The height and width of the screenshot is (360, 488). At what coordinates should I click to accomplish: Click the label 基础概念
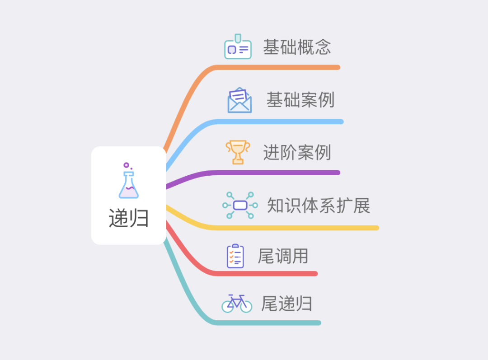297,47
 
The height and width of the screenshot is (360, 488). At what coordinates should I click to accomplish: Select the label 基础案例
300,100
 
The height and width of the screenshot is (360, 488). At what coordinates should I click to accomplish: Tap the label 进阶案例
297,153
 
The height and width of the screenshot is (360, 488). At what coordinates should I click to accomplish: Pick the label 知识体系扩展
319,206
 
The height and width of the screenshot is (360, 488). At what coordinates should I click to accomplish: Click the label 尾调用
283,256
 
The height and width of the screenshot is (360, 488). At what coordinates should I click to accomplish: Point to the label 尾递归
286,304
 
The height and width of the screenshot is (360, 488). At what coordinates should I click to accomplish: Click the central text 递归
129,219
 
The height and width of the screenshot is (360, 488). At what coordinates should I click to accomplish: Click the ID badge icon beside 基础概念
238,47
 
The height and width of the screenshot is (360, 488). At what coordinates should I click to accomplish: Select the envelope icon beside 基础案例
239,100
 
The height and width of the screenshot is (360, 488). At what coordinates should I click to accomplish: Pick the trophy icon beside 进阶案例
238,152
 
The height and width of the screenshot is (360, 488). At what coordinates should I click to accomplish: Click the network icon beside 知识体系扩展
240,206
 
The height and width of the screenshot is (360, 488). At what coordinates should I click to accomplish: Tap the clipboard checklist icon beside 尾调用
235,256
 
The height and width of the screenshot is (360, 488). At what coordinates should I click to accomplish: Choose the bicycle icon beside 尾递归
237,303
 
